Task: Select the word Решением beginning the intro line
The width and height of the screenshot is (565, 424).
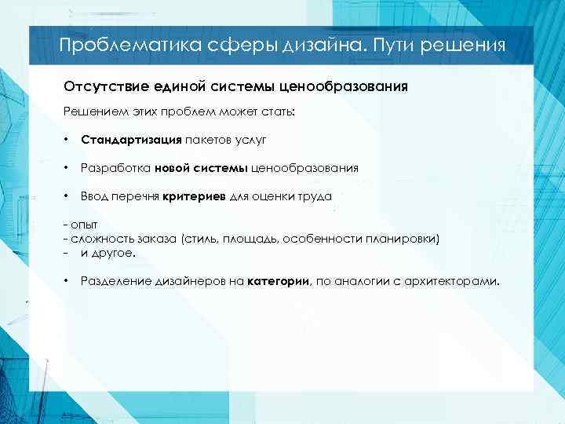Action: [x=90, y=111]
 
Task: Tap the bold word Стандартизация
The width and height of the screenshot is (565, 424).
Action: [x=131, y=140]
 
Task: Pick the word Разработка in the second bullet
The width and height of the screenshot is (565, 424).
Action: [x=115, y=167]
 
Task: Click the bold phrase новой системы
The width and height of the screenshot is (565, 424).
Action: [x=201, y=167]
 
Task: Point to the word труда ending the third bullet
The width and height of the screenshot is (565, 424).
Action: [x=315, y=196]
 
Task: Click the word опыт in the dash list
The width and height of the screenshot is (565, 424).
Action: [x=84, y=224]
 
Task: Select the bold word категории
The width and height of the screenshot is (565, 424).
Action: [x=279, y=281]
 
